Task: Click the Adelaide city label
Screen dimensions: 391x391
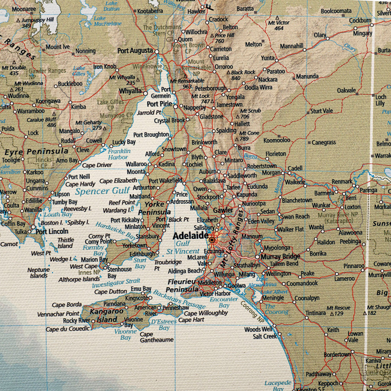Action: coord(190,236)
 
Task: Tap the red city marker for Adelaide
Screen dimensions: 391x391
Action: coord(212,240)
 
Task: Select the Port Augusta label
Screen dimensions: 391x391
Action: coord(135,50)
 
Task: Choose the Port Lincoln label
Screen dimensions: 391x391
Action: coord(52,231)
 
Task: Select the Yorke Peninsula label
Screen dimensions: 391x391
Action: coord(154,208)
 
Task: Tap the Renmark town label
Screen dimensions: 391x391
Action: coord(342,181)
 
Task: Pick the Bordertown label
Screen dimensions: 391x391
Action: coord(337,354)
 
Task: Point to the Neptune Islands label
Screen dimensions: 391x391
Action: coord(39,273)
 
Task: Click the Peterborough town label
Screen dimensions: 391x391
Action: coord(211,88)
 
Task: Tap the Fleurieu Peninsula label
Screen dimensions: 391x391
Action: coord(183,285)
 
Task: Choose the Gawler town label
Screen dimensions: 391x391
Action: coord(223,210)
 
